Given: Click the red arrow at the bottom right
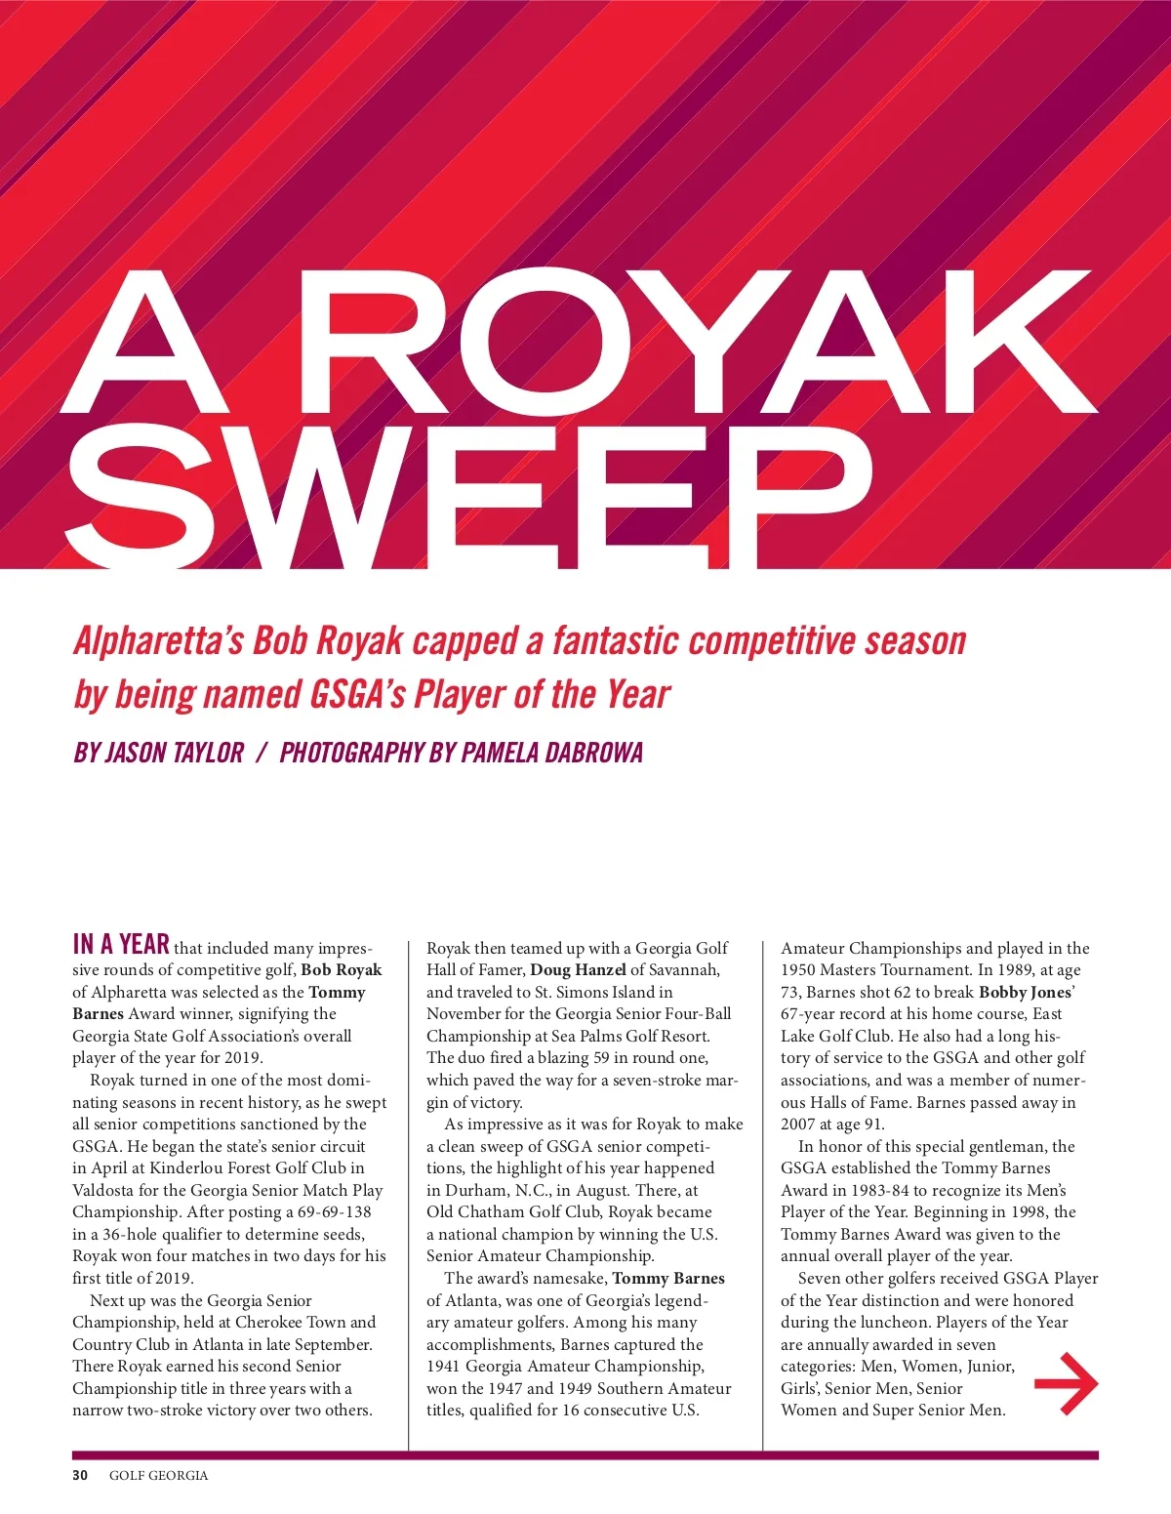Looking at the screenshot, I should pyautogui.click(x=1066, y=1383).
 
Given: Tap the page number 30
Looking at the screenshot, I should pyautogui.click(x=80, y=1475).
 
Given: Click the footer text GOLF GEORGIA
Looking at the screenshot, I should pyautogui.click(x=158, y=1475).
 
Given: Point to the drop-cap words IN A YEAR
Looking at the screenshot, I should pyautogui.click(x=121, y=944).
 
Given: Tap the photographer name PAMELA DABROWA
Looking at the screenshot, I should pyautogui.click(x=551, y=753).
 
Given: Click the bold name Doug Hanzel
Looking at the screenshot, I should pyautogui.click(x=578, y=970).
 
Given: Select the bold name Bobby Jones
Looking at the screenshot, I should pyautogui.click(x=1025, y=992).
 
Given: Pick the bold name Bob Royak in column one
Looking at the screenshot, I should pyautogui.click(x=342, y=970).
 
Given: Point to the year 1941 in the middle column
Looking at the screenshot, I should pyautogui.click(x=445, y=1367).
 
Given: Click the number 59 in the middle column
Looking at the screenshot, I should pyautogui.click(x=602, y=1058).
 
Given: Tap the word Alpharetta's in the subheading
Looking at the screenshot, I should pyautogui.click(x=158, y=640).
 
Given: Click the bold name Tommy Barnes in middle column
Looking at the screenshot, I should pyautogui.click(x=668, y=1278).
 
